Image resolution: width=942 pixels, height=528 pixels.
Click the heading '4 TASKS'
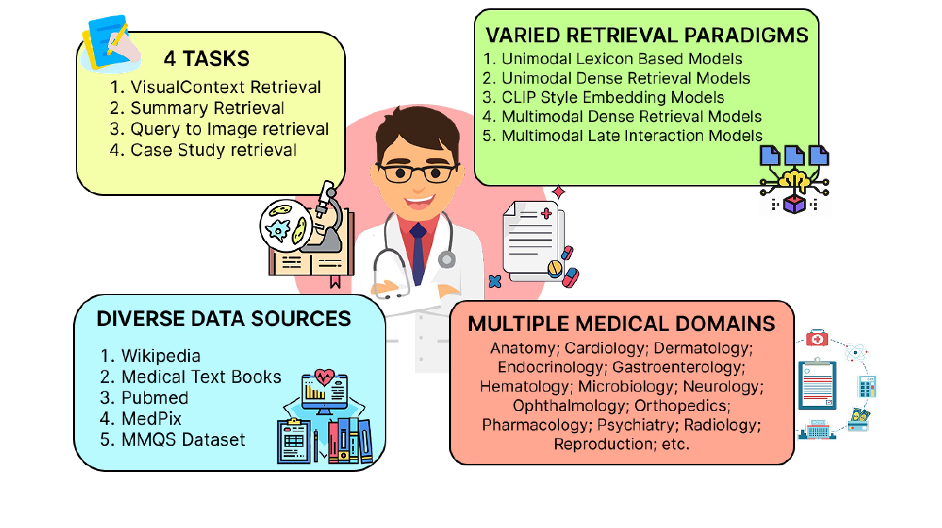click(x=207, y=58)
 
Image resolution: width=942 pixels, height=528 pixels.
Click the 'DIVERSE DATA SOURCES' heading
click(x=224, y=319)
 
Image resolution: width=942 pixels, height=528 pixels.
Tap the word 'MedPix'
click(x=151, y=418)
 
